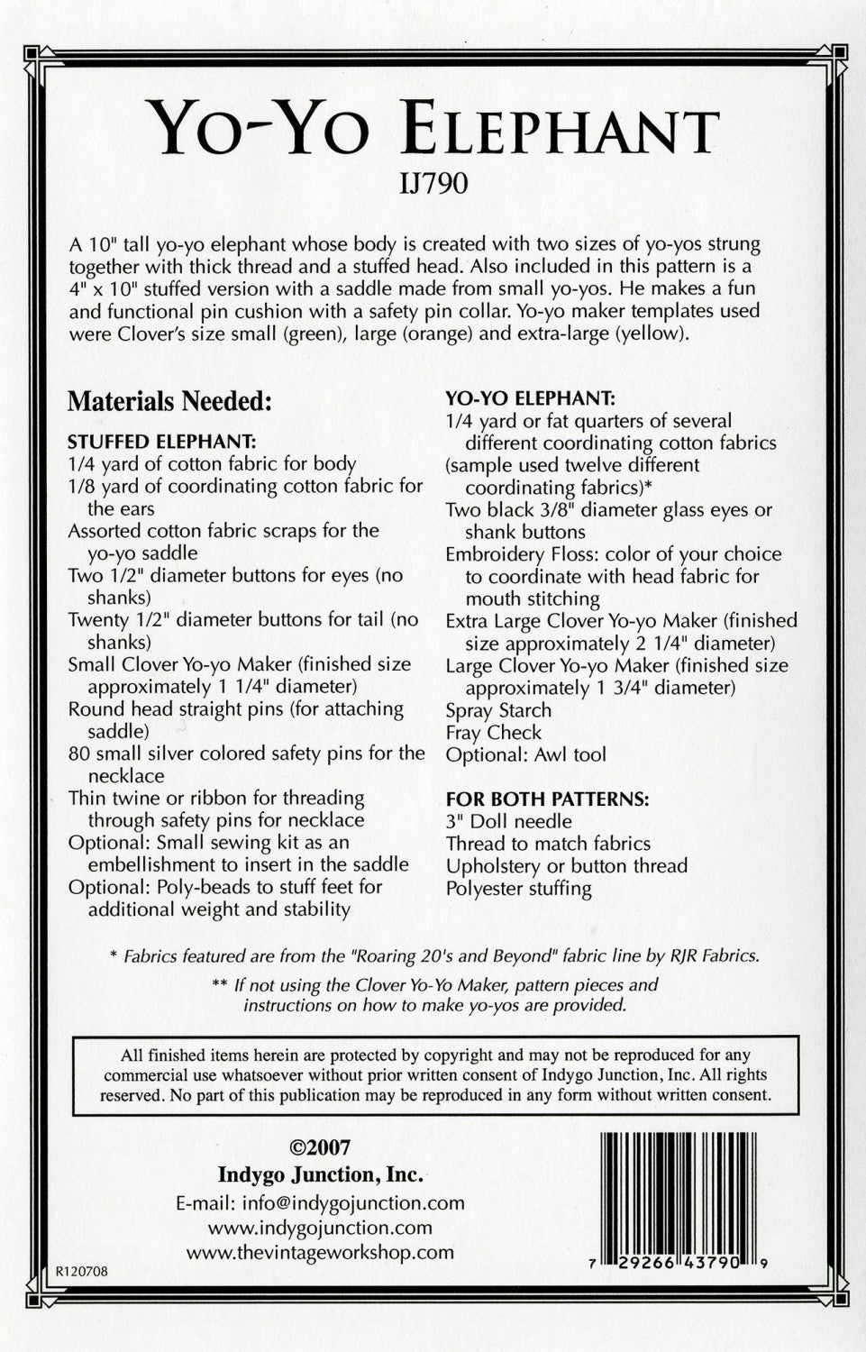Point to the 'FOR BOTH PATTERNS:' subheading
pos(547,799)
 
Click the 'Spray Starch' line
pos(498,710)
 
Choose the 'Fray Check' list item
pos(494,733)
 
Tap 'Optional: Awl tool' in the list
pos(525,755)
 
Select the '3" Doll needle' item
pos(509,821)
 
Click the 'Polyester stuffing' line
pos(518,888)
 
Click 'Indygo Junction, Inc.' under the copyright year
pos(320,1174)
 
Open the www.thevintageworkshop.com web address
pos(320,1252)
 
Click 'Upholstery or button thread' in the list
pos(567,865)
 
